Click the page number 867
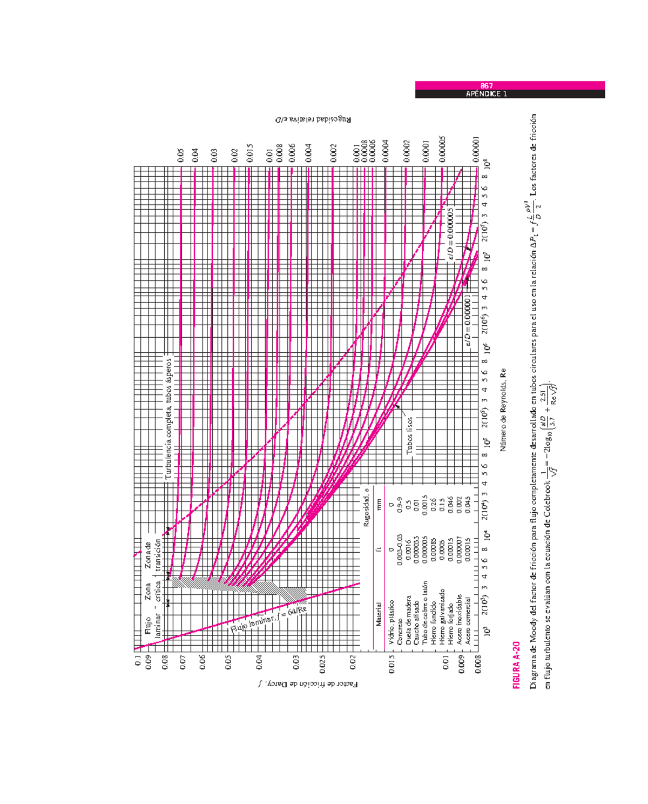(487, 85)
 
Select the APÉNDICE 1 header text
(487, 94)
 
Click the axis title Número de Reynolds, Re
(503, 410)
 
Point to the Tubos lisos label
(409, 435)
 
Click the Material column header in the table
(379, 614)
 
